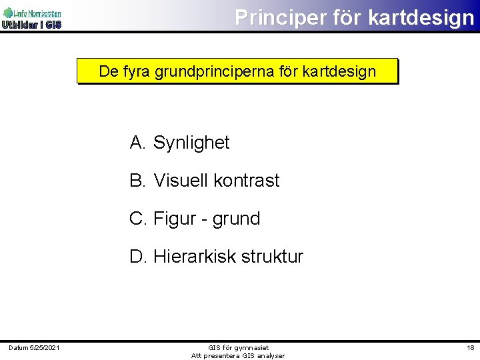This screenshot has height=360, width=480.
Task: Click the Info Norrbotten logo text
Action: (x=37, y=13)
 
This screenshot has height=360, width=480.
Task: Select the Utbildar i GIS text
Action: (x=31, y=25)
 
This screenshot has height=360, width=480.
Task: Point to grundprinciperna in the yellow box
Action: (x=213, y=71)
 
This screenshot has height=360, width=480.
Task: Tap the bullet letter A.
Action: (x=137, y=143)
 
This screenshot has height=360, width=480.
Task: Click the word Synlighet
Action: (x=191, y=143)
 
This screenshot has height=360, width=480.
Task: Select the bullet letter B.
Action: (x=137, y=181)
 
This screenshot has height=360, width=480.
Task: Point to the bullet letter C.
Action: (x=138, y=219)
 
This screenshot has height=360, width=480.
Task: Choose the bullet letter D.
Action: (x=138, y=257)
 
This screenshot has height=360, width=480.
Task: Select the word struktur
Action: (x=275, y=257)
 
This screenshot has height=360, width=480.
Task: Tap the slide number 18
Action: (x=470, y=347)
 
